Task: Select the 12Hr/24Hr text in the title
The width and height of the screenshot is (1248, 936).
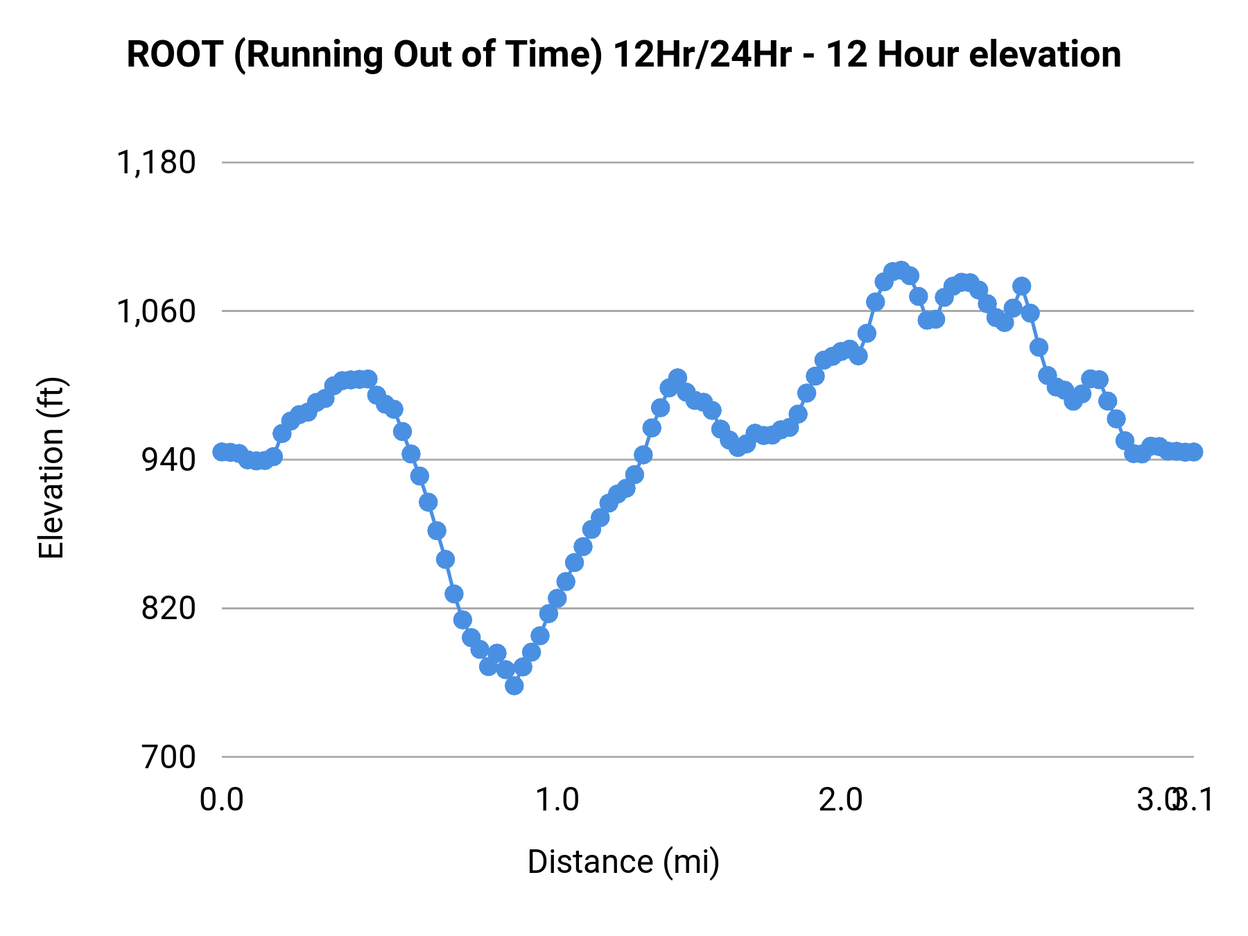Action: pyautogui.click(x=702, y=55)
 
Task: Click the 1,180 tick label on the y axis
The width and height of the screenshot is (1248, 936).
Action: pyautogui.click(x=156, y=163)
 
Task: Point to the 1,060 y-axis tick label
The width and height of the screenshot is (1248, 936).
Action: pyautogui.click(x=156, y=311)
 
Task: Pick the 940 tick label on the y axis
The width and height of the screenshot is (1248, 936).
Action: pyautogui.click(x=168, y=460)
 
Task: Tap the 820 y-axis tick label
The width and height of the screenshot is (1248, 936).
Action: pyautogui.click(x=168, y=608)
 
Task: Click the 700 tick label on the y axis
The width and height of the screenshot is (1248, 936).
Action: pyautogui.click(x=168, y=757)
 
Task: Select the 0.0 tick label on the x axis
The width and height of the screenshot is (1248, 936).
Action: pyautogui.click(x=222, y=800)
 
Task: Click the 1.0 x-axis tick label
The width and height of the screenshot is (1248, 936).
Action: pyautogui.click(x=558, y=800)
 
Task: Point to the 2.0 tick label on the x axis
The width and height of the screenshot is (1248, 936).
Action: pyautogui.click(x=840, y=800)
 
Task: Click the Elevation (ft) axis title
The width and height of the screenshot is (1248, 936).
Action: pyautogui.click(x=51, y=468)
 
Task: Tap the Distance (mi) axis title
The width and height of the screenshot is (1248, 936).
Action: pyautogui.click(x=623, y=862)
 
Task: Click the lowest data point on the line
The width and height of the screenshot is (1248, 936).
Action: pyautogui.click(x=514, y=686)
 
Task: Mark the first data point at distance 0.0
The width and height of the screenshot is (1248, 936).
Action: pyautogui.click(x=222, y=452)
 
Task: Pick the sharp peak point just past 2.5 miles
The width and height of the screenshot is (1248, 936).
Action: pyautogui.click(x=1021, y=286)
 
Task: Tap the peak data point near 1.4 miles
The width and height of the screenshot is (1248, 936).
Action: pyautogui.click(x=677, y=378)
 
